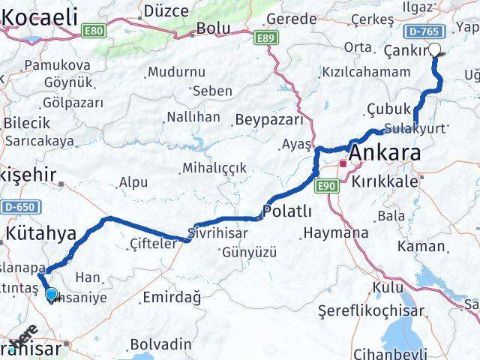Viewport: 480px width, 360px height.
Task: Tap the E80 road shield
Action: click(94, 31)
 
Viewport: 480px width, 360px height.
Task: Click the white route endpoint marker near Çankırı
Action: click(435, 49)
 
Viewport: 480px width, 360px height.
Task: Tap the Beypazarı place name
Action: click(268, 119)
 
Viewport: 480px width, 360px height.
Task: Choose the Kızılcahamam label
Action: click(365, 72)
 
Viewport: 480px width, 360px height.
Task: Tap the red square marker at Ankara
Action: click(343, 163)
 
